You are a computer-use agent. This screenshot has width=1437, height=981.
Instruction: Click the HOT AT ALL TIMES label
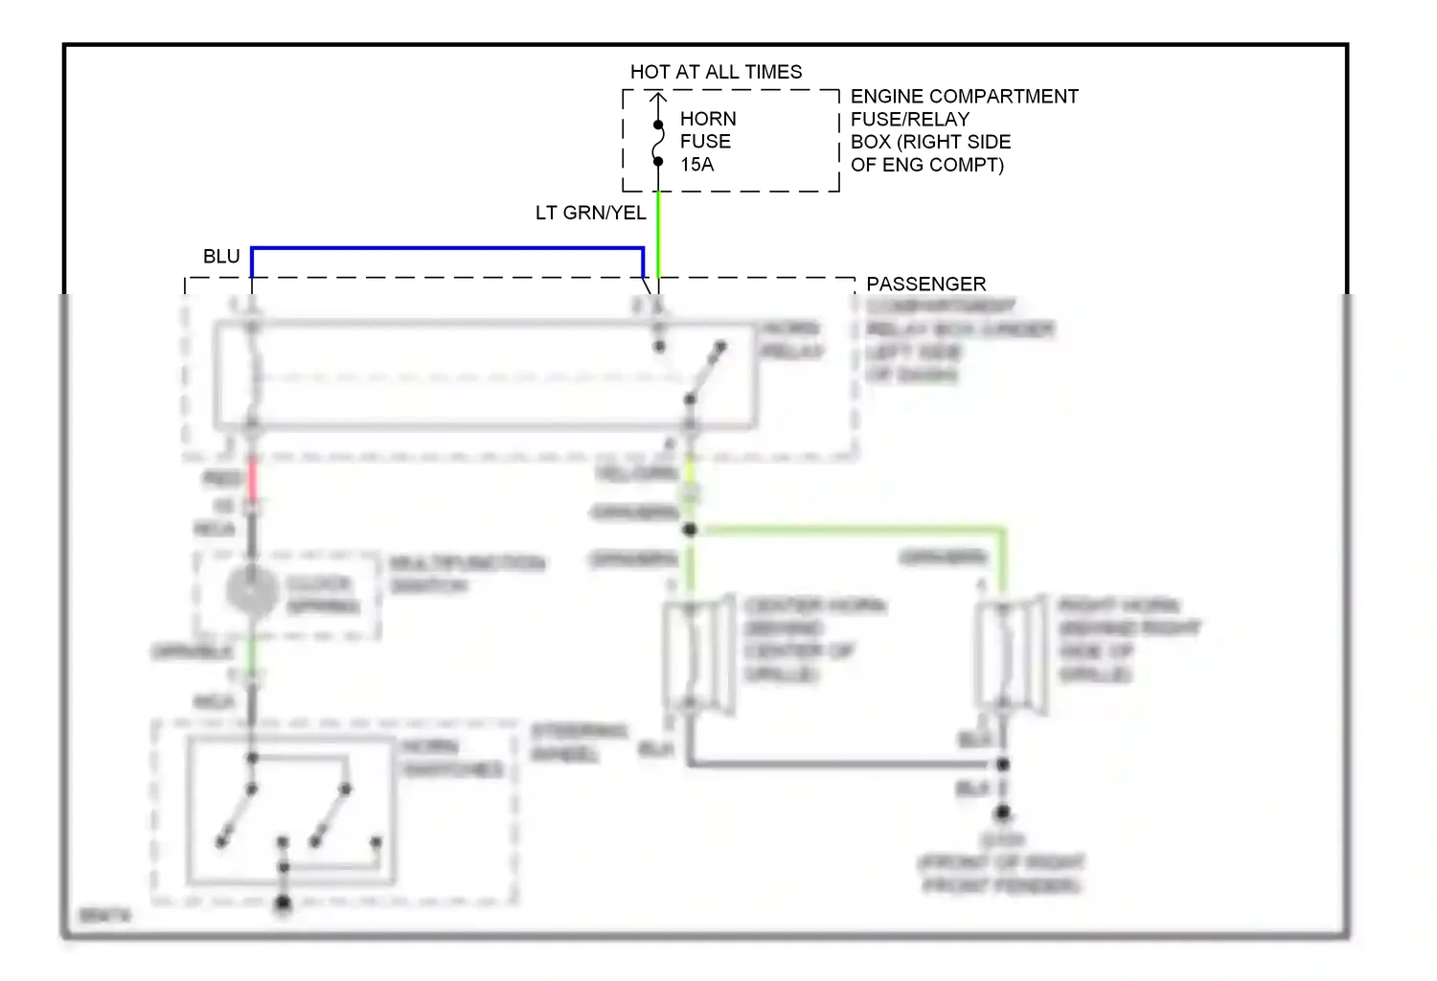pos(716,72)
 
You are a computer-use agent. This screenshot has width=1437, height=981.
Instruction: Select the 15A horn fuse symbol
pos(658,143)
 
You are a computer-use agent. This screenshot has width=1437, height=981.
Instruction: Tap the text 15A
pos(696,165)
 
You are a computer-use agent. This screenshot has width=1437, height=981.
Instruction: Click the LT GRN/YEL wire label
pos(590,213)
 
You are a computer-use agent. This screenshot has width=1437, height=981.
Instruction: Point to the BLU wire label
pos(221,257)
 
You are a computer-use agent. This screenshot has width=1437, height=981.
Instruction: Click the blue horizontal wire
pos(446,248)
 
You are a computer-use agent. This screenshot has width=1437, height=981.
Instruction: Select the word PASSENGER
pos(925,284)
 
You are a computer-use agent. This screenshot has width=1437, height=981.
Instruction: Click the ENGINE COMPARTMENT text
pos(964,97)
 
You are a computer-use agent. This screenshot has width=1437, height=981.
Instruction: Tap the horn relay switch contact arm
pos(706,373)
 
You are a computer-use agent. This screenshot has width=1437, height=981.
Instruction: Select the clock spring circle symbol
pos(251,591)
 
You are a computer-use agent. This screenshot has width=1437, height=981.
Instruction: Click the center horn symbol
pos(698,655)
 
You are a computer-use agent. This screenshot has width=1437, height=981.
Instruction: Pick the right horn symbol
pos(1010,655)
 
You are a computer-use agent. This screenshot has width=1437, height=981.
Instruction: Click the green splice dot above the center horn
pos(690,529)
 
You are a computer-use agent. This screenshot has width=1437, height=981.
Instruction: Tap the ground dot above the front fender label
pos(1002,812)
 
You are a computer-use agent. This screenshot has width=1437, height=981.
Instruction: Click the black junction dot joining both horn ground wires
pos(1002,764)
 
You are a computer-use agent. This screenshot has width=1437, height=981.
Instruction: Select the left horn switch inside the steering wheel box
pos(237,814)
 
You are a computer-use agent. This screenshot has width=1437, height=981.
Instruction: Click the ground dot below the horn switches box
pos(283,902)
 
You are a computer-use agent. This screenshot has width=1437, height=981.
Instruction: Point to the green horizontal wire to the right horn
pos(848,528)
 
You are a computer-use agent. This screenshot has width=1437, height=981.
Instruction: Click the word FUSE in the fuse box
pos(705,142)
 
